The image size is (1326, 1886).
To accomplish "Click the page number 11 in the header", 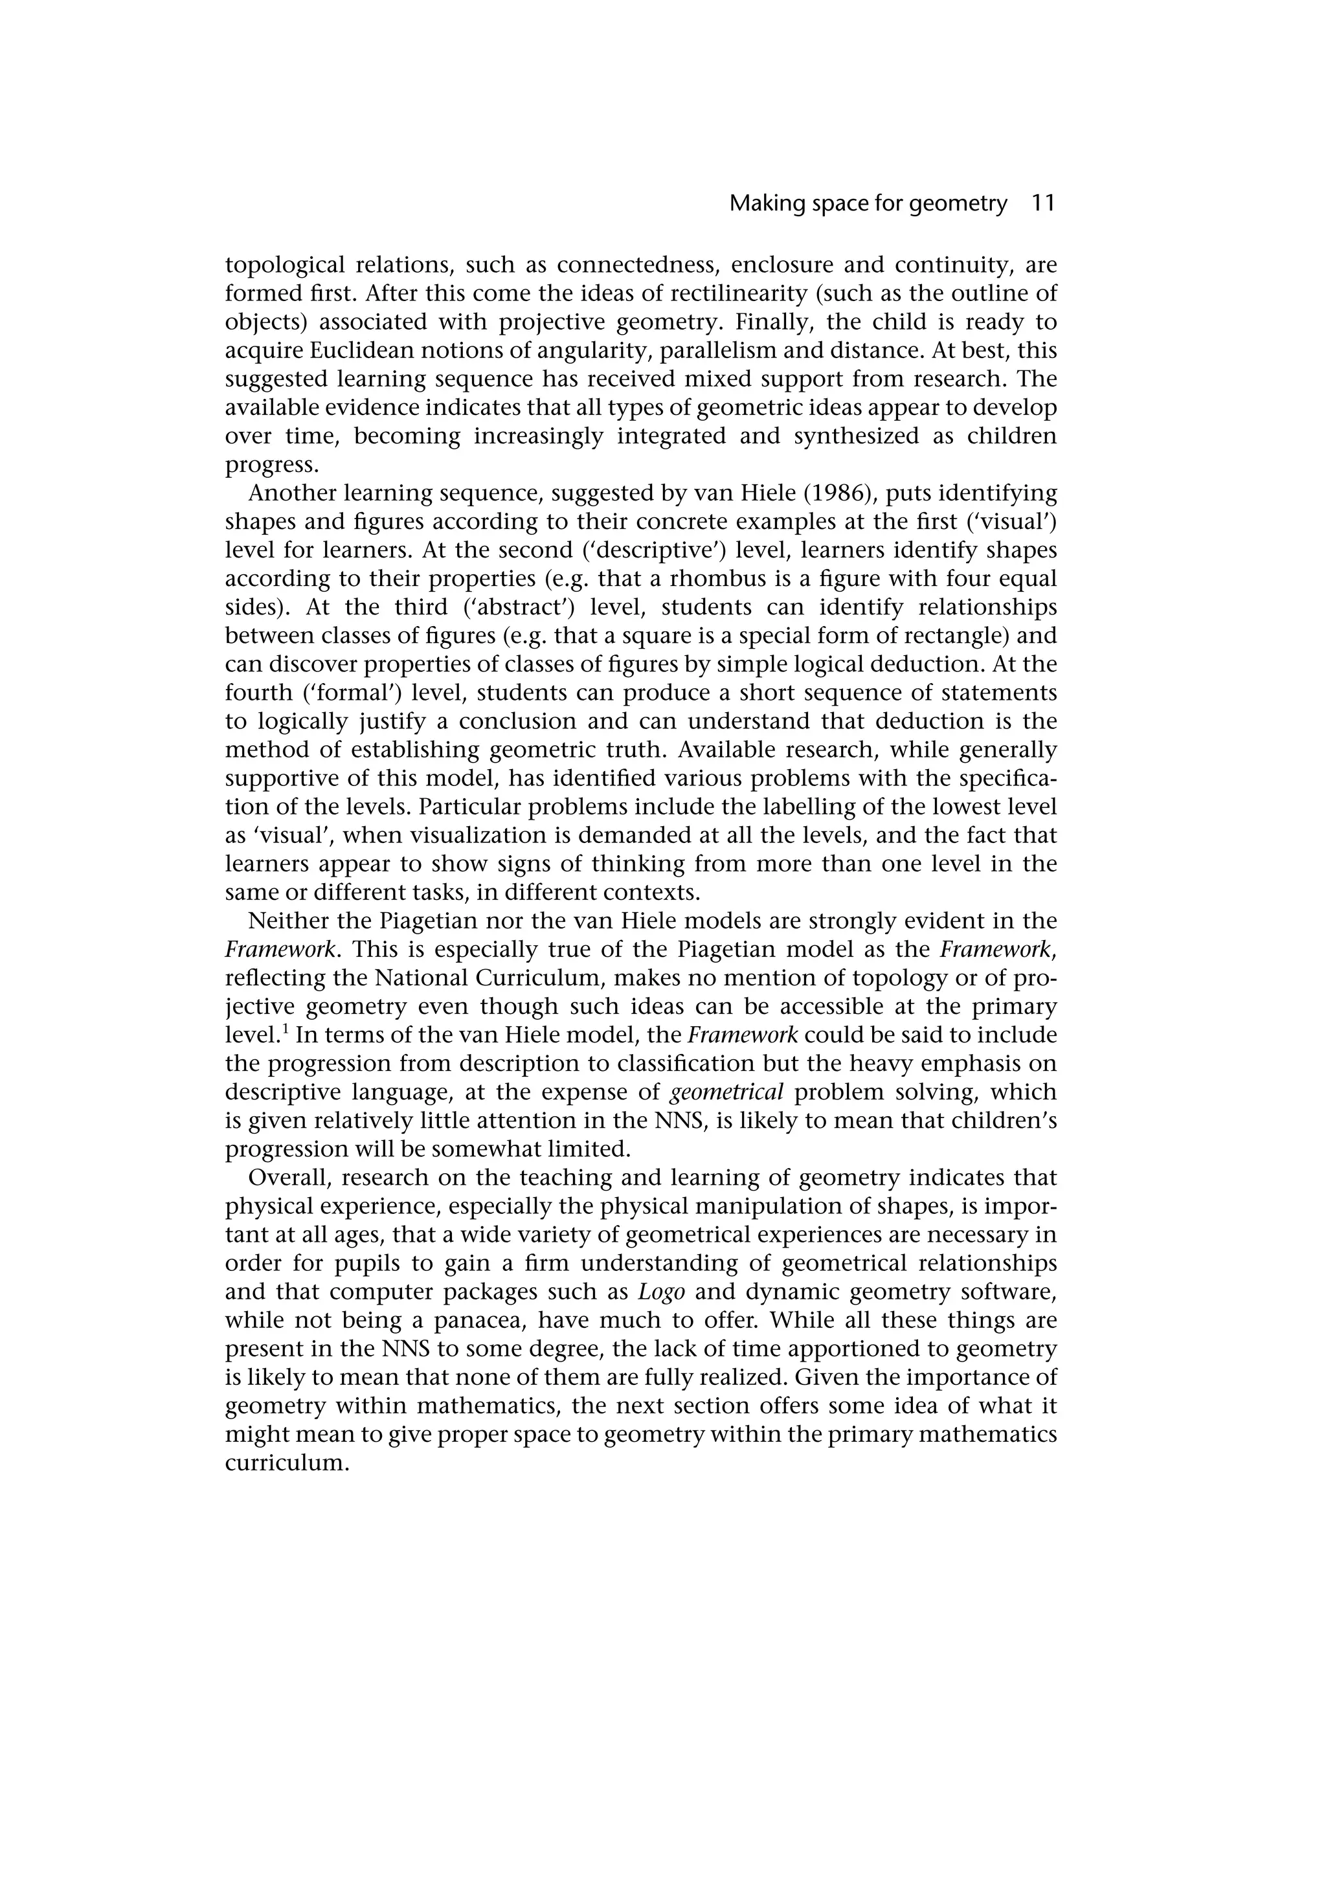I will pos(1042,204).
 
